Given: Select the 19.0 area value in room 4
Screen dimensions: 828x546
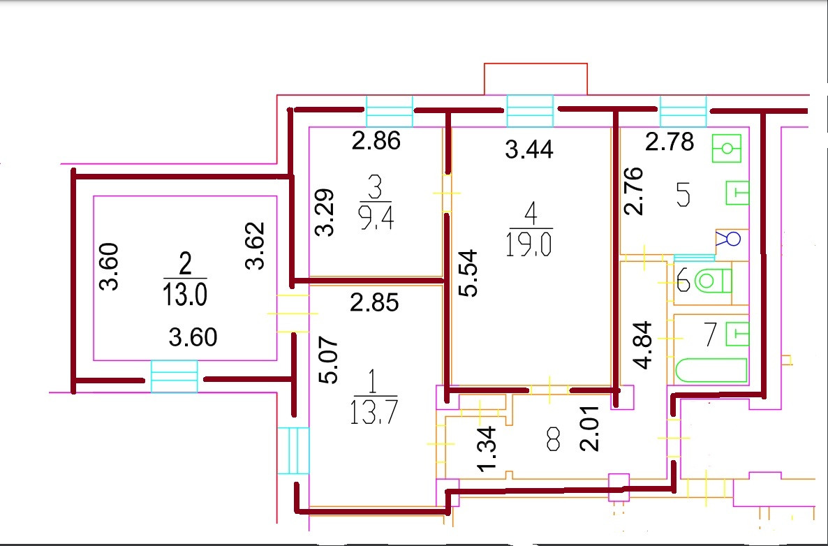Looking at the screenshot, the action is pos(531,246).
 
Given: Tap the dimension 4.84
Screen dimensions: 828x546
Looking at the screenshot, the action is pos(642,345).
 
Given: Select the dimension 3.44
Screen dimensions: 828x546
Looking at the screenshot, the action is pos(528,149).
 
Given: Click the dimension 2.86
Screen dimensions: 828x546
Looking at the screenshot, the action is pos(376,142).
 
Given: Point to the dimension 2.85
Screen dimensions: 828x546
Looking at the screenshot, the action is pos(376,304).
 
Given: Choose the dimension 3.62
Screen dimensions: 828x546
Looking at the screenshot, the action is pos(258,245).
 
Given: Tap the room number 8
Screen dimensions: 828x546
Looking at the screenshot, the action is pos(553,440).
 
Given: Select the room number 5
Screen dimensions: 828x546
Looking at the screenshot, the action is pos(683,195).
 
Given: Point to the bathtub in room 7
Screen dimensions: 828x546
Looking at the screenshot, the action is pos(709,370).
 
